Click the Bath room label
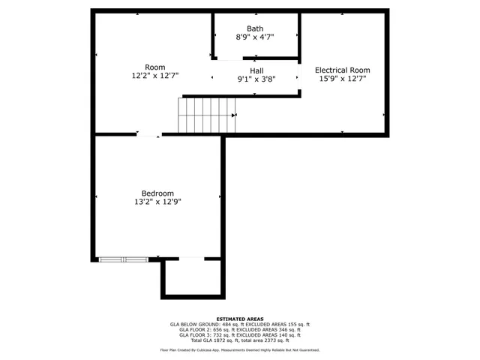coord(256,28)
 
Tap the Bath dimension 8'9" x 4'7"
coord(256,37)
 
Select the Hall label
coord(256,70)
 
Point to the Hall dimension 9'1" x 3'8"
coord(256,79)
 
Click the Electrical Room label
coord(342,70)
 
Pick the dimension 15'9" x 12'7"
coord(342,79)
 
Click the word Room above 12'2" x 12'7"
coord(155,67)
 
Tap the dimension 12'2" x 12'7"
coord(155,75)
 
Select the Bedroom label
coord(157,193)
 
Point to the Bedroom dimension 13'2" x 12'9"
coord(157,201)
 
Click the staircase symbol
coord(206,115)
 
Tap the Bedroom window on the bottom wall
coord(124,259)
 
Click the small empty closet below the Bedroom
coord(192,277)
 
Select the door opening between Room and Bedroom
coord(148,135)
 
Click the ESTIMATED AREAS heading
coord(239,319)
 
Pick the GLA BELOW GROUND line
coord(239,324)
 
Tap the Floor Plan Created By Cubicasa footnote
coord(239,350)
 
